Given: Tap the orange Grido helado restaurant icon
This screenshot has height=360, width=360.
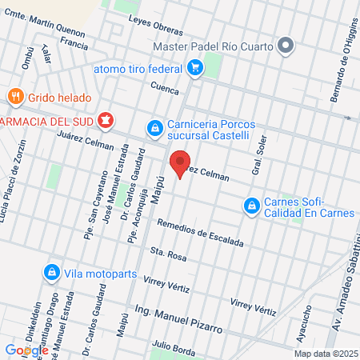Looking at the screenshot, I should pyautogui.click(x=15, y=98).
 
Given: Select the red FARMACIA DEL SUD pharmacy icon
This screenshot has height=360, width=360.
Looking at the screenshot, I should pyautogui.click(x=105, y=121).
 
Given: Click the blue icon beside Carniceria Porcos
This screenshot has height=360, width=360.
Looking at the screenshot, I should pyautogui.click(x=154, y=127).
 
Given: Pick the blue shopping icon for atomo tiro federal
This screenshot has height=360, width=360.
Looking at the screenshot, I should pyautogui.click(x=194, y=69).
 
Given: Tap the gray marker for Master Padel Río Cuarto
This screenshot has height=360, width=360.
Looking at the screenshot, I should pyautogui.click(x=285, y=45).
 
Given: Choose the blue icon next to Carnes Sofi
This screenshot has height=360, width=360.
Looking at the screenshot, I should pyautogui.click(x=252, y=206).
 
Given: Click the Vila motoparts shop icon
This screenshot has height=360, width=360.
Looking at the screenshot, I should pyautogui.click(x=52, y=272).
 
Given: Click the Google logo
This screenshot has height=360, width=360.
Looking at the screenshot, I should pyautogui.click(x=26, y=350).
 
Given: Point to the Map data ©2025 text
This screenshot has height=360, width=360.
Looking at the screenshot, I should pyautogui.click(x=324, y=354).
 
